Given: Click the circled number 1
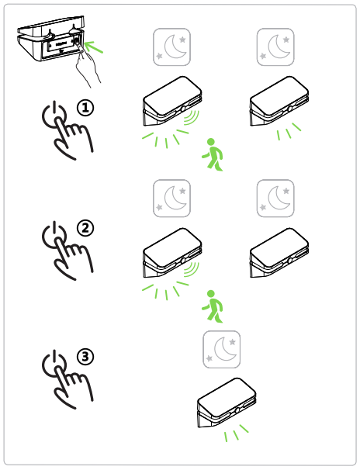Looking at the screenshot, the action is (x=85, y=108).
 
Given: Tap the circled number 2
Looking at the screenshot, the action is (x=85, y=228).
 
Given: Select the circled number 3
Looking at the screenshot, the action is (x=85, y=357).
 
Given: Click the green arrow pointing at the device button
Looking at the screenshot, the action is (x=94, y=47).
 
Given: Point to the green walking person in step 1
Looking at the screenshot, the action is (x=213, y=154).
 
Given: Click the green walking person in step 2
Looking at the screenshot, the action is (x=213, y=306).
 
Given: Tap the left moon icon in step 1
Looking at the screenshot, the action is (x=171, y=47).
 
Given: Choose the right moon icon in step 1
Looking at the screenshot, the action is (x=275, y=47).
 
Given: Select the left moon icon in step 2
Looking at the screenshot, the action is (x=171, y=199).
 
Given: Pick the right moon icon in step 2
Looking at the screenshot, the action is (x=275, y=199).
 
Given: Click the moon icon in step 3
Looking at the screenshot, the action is (x=222, y=350).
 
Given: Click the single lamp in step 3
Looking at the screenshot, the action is (x=227, y=403).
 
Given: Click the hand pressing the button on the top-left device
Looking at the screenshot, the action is (x=88, y=66).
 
